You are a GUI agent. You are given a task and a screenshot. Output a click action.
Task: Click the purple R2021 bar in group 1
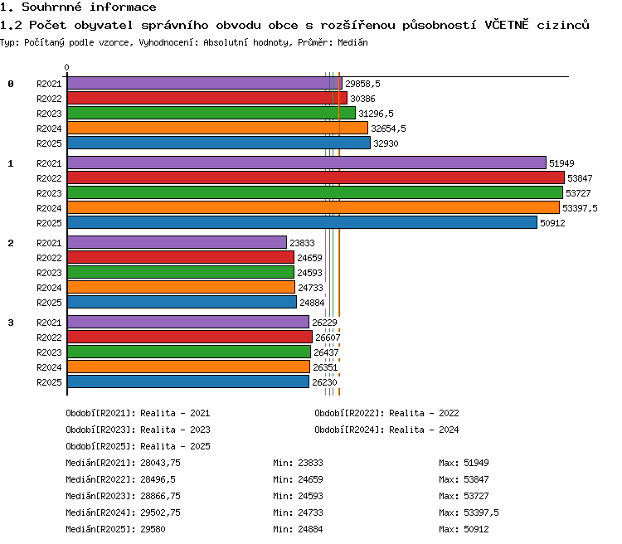point(307,163)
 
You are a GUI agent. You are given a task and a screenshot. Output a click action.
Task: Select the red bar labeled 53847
point(316,177)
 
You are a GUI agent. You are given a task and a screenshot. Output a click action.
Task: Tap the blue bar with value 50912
point(302,222)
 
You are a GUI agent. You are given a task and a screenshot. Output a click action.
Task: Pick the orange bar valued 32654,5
point(218,129)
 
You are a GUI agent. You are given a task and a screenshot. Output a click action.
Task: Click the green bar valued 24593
point(181,272)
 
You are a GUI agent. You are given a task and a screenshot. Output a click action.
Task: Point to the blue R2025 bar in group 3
point(188,381)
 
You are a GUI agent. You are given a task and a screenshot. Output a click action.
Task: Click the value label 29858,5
point(362,84)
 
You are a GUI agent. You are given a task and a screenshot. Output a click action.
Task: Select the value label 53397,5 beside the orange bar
point(580,208)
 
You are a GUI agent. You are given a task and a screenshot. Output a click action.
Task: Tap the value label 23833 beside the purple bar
point(302,243)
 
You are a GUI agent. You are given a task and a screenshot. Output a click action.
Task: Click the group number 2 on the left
point(11,243)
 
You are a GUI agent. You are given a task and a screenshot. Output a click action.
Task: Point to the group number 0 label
point(11,84)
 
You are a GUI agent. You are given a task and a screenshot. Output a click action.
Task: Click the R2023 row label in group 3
point(49,352)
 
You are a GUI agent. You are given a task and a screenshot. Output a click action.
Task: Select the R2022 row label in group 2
point(49,258)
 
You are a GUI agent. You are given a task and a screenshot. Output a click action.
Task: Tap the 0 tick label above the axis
point(66,67)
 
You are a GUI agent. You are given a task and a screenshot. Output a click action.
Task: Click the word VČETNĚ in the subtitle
point(507,25)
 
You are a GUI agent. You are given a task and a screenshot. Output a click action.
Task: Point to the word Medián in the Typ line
point(352,42)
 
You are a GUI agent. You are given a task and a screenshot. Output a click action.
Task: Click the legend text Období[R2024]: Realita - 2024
point(386,430)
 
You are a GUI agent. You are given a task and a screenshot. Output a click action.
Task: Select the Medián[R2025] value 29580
point(153,529)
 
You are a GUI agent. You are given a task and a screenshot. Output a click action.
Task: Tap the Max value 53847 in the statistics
point(476,479)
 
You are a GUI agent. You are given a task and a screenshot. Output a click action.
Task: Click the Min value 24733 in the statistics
point(311,512)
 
